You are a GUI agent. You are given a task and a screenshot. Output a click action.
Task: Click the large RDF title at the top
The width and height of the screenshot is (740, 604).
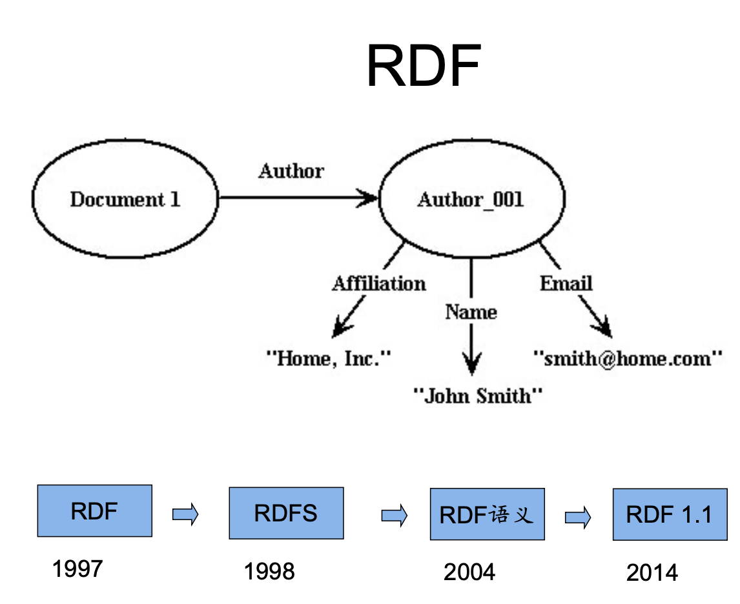coord(424,66)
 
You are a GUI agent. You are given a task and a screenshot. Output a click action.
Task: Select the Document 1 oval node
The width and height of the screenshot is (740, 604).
coord(125,199)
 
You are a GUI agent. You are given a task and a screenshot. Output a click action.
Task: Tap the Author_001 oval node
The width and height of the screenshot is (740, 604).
coord(471,199)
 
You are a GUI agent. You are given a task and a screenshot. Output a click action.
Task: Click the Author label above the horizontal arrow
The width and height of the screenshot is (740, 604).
coord(291,171)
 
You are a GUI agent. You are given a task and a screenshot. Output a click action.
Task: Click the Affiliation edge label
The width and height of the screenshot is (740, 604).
coord(379,283)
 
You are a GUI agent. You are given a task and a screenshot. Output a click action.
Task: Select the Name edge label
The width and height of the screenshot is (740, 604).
coord(471,312)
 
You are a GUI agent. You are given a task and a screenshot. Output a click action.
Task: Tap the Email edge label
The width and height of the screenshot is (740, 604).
coord(566,283)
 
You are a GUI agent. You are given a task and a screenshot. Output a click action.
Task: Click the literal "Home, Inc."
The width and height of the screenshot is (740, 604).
coord(329,358)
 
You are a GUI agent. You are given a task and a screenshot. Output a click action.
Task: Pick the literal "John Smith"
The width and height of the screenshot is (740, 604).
coord(478,395)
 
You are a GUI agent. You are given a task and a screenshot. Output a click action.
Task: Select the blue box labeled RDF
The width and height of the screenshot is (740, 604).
coord(95,511)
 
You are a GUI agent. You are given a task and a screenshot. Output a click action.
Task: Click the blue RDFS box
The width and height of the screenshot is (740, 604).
coord(286,513)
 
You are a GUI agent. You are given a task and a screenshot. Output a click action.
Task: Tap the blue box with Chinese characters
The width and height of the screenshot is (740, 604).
coord(487,514)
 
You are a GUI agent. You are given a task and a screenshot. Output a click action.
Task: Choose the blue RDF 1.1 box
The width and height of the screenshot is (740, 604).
coord(670,514)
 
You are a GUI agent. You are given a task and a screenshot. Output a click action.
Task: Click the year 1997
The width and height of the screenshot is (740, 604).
coord(77,569)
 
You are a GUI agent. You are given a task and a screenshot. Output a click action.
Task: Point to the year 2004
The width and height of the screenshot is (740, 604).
coord(469,572)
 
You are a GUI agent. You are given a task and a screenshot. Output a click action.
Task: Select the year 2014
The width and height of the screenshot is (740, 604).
coord(652,572)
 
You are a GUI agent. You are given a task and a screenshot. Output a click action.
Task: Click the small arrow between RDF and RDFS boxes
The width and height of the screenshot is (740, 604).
coord(185,515)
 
